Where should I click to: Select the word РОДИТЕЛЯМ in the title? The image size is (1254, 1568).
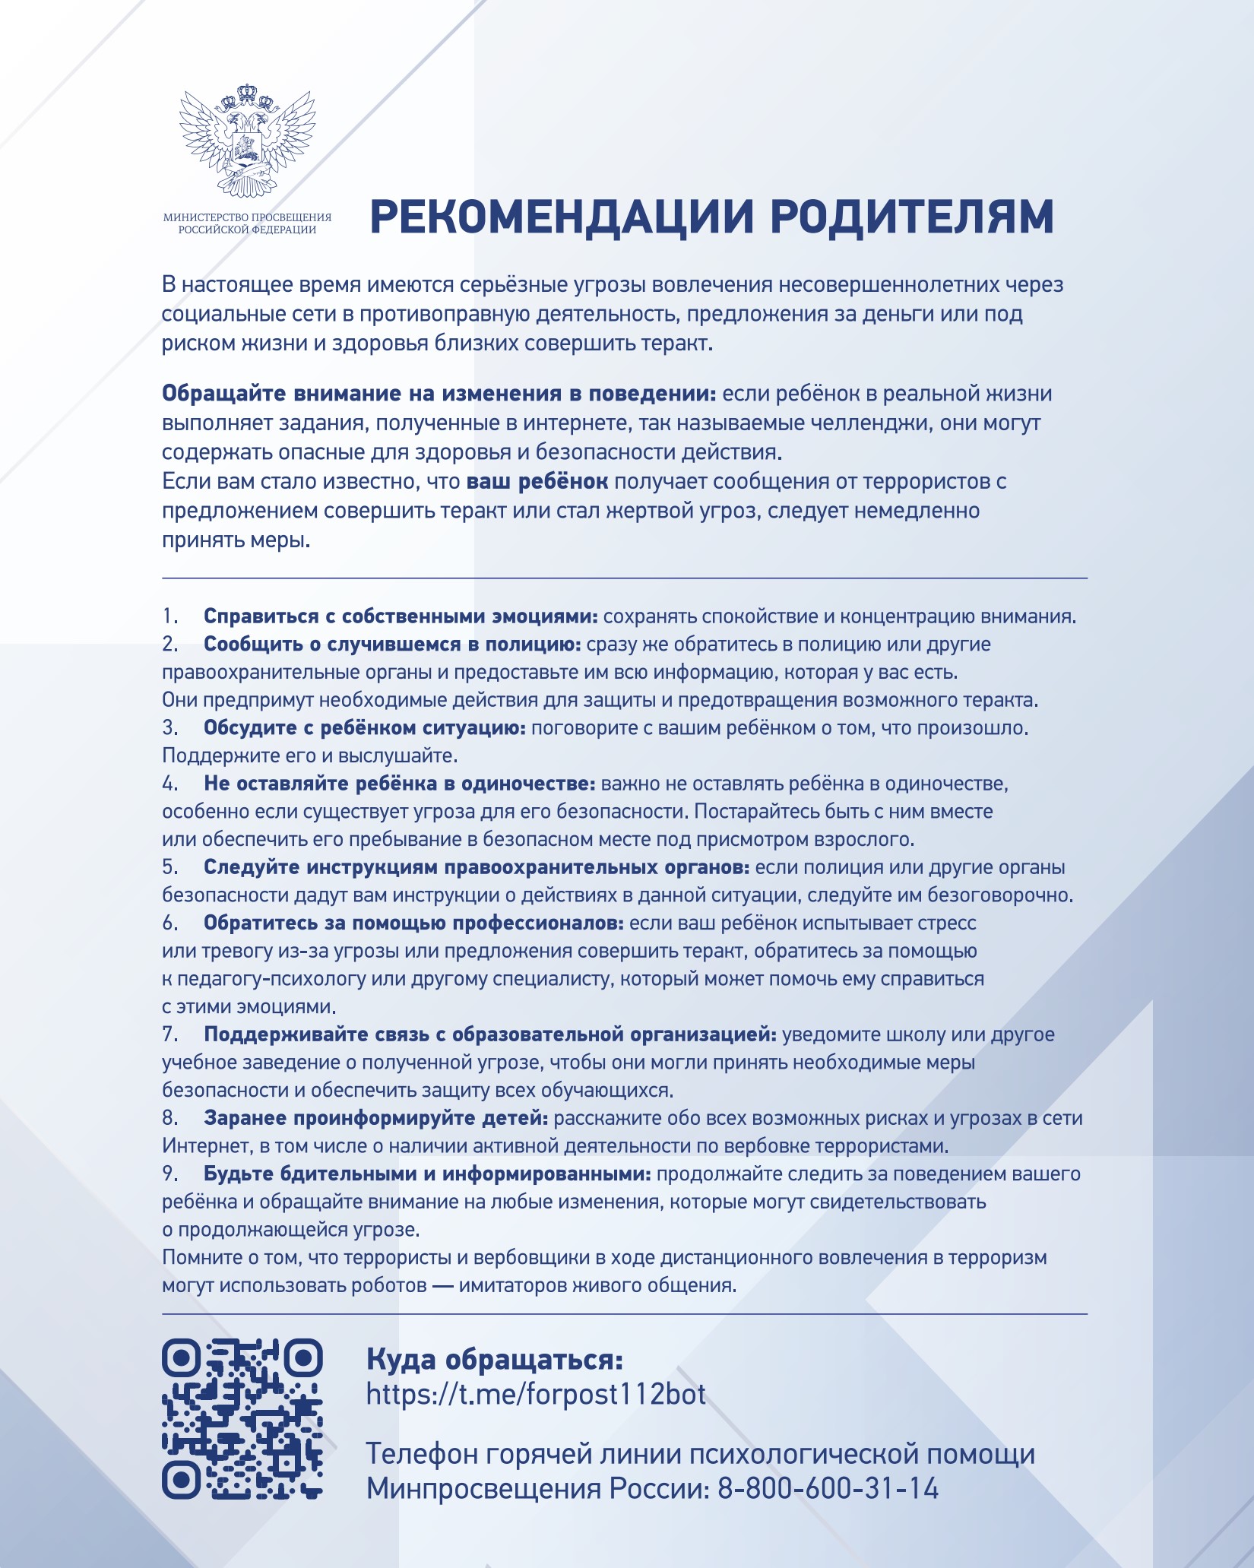[x=912, y=217]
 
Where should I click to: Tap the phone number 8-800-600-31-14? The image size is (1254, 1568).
[x=828, y=1487]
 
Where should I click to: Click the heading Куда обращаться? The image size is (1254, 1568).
[x=495, y=1358]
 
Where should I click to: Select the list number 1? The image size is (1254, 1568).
[x=169, y=616]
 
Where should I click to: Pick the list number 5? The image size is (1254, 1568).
[x=169, y=867]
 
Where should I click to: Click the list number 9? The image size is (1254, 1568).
[x=169, y=1174]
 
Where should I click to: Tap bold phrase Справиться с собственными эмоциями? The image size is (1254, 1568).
[x=401, y=616]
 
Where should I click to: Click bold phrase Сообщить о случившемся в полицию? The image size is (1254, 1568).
[x=392, y=645]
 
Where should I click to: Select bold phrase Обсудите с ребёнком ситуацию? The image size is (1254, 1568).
[x=365, y=728]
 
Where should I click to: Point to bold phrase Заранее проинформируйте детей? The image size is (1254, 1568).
[x=375, y=1118]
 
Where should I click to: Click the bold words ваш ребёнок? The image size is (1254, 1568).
[x=537, y=482]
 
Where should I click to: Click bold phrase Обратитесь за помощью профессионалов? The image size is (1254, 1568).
[x=413, y=923]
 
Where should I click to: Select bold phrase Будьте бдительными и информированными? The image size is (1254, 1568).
[x=427, y=1174]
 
